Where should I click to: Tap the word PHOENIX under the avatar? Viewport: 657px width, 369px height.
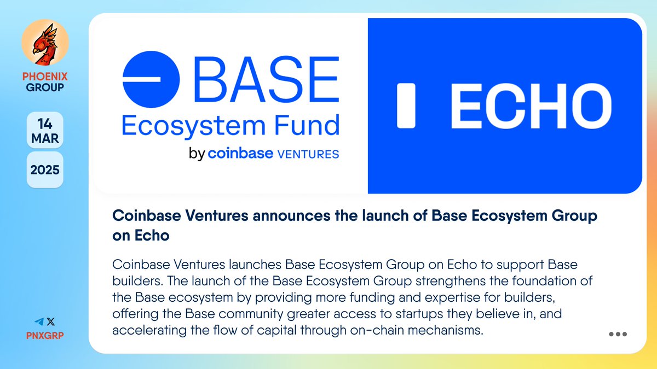pos(45,77)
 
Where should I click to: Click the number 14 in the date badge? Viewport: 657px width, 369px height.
pos(45,122)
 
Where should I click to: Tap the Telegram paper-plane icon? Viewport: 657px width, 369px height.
pos(37,322)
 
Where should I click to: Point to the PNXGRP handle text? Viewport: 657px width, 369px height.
pos(45,335)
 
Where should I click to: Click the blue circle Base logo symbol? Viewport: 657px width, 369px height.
pos(151,80)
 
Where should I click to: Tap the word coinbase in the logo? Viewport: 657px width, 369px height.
pos(240,153)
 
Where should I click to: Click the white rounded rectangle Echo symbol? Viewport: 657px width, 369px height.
pos(406,106)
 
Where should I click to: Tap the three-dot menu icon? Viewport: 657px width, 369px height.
pos(618,335)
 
